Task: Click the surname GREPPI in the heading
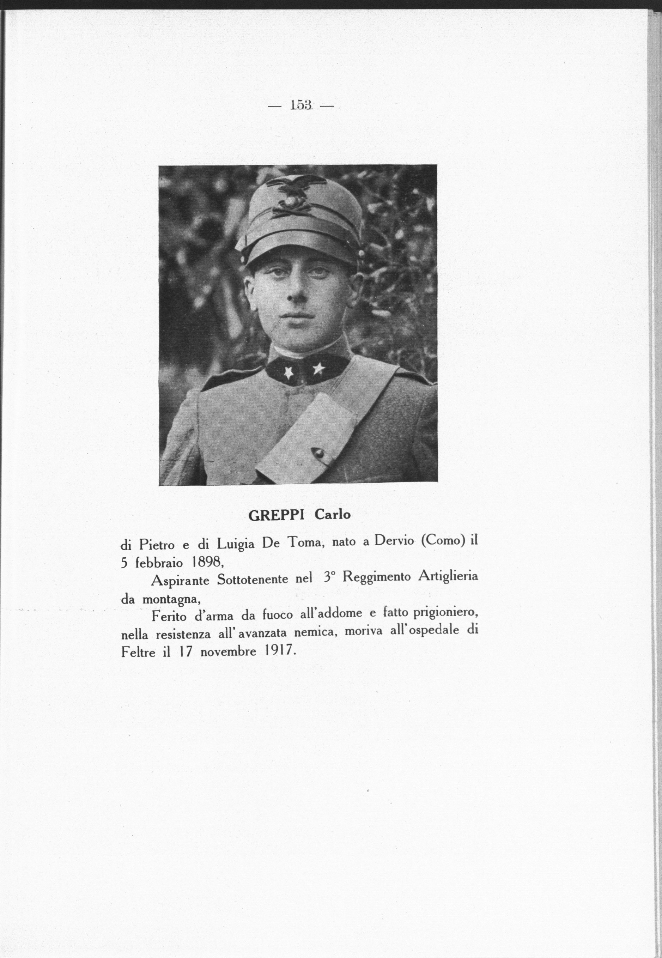click(277, 515)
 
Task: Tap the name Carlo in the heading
click(332, 515)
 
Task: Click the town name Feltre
click(139, 652)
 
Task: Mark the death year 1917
click(278, 651)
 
